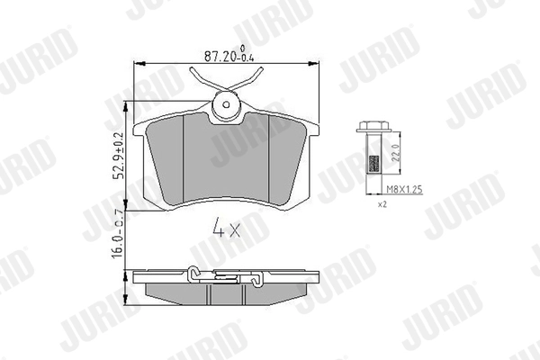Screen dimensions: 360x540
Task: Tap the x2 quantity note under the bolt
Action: coord(382,205)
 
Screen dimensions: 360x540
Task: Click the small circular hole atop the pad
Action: coord(225,110)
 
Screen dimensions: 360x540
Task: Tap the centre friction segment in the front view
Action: coord(225,162)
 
